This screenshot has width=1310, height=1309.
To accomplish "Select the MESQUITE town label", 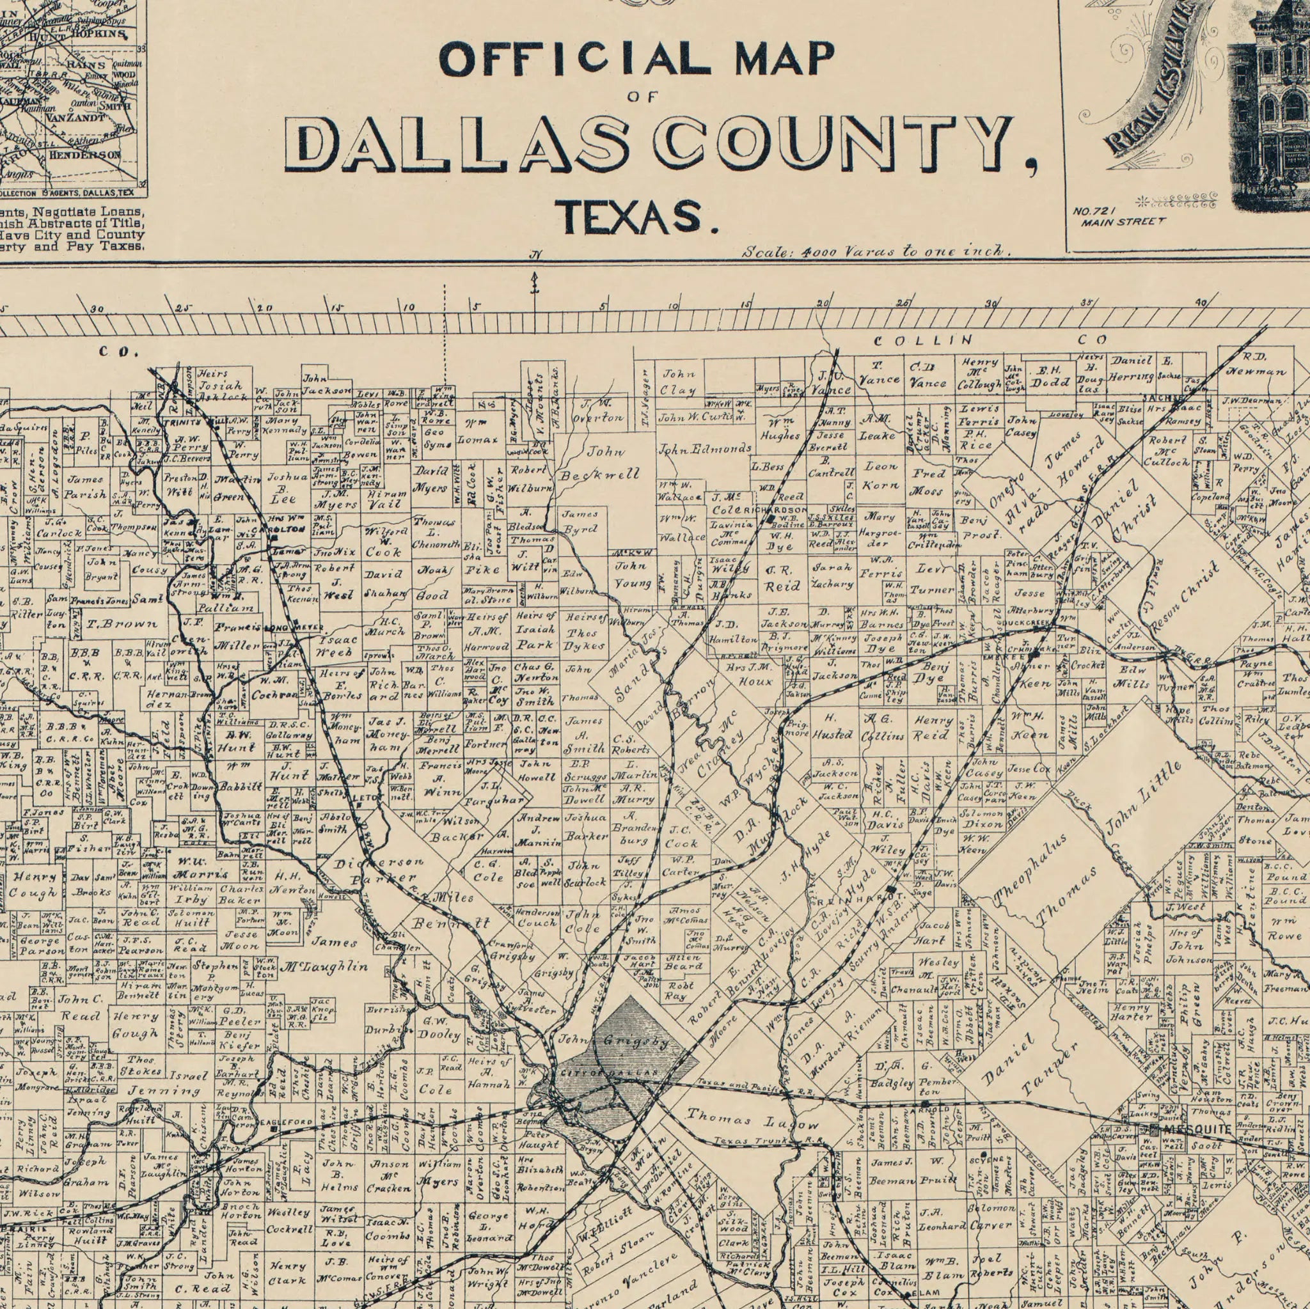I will pyautogui.click(x=1196, y=864).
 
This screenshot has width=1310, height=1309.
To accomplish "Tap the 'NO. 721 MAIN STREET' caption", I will pyautogui.click(x=1119, y=221).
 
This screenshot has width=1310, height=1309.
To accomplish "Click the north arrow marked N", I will pyautogui.click(x=535, y=280).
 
